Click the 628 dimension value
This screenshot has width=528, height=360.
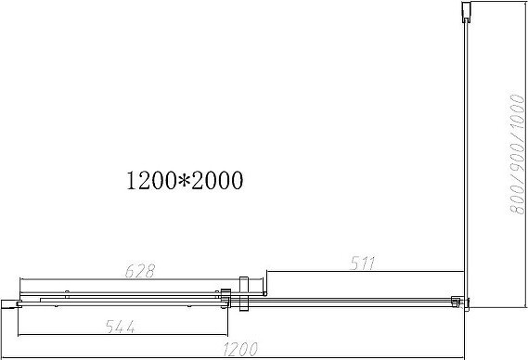(140, 271)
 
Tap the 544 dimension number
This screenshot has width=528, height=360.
(121, 327)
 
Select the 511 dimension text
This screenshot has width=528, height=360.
(362, 263)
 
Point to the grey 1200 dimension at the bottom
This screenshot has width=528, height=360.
(240, 349)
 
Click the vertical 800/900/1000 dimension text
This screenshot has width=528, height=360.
(518, 154)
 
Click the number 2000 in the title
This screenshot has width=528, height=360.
(217, 180)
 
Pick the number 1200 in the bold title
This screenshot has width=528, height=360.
(151, 180)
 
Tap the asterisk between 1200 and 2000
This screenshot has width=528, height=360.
(184, 180)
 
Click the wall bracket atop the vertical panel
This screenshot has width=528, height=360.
(466, 12)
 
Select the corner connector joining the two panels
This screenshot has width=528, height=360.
(460, 302)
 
